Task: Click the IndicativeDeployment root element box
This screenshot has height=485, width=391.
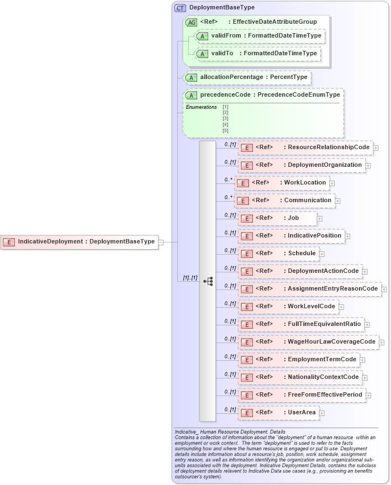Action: pyautogui.click(x=80, y=241)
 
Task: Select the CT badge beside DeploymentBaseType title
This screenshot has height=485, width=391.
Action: pyautogui.click(x=180, y=8)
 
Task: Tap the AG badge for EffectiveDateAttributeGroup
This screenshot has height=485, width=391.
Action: pyautogui.click(x=192, y=22)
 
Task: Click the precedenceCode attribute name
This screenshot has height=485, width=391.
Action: pyautogui.click(x=225, y=95)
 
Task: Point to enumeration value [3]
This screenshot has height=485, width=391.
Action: pyautogui.click(x=225, y=119)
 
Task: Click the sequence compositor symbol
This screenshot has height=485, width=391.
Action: pyautogui.click(x=208, y=281)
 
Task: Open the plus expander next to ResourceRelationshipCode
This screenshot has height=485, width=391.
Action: pyautogui.click(x=376, y=147)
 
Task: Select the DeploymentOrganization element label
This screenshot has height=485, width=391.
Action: pyautogui.click(x=325, y=165)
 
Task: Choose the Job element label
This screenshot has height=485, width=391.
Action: pyautogui.click(x=293, y=218)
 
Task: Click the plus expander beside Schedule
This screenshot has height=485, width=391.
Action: pyautogui.click(x=322, y=254)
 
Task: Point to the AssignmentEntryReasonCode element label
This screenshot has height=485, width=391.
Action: pyautogui.click(x=332, y=289)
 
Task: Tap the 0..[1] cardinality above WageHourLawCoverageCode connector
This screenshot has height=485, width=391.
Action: pyautogui.click(x=230, y=339)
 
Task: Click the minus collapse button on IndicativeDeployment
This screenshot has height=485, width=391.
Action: pyautogui.click(x=161, y=241)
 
